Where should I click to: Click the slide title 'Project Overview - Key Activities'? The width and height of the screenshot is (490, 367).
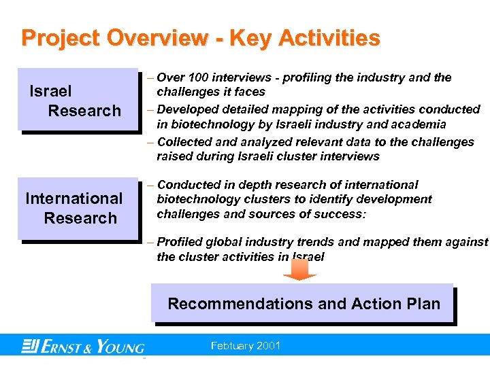pyautogui.click(x=201, y=38)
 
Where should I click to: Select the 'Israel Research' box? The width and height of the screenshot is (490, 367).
pyautogui.click(x=75, y=101)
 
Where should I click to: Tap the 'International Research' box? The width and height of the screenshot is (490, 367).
pyautogui.click(x=75, y=208)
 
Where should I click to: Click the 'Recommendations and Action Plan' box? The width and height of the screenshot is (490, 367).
pyautogui.click(x=304, y=303)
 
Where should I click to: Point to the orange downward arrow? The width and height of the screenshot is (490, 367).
pyautogui.click(x=299, y=268)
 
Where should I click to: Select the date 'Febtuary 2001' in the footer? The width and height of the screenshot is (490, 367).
pyautogui.click(x=246, y=346)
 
